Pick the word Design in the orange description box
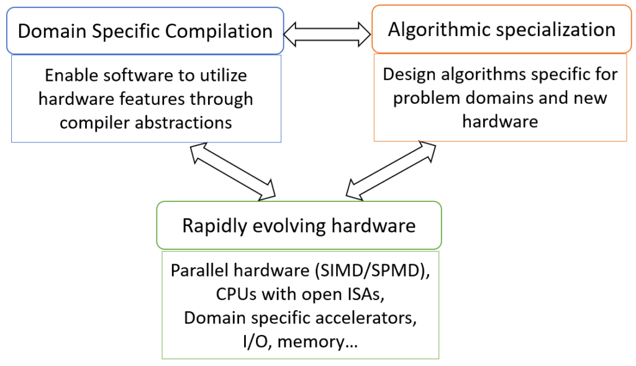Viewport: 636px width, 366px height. click(404, 75)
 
